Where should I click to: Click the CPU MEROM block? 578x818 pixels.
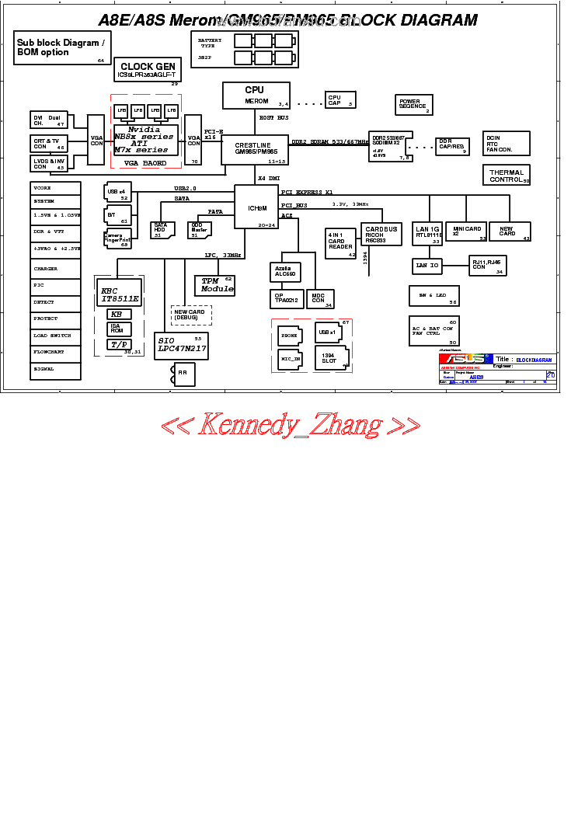tap(256, 95)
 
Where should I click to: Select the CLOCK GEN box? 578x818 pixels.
tap(148, 70)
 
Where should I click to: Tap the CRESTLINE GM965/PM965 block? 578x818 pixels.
tap(256, 149)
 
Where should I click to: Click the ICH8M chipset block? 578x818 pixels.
tap(256, 207)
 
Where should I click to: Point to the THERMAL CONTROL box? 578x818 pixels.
tap(507, 176)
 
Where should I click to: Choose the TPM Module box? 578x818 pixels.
tap(215, 285)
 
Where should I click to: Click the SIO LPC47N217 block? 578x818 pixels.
tap(181, 346)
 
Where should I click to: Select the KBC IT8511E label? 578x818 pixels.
tap(120, 294)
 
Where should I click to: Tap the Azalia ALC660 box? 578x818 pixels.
tap(285, 272)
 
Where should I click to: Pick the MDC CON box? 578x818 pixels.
tap(319, 299)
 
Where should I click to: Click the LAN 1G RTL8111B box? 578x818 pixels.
tap(428, 231)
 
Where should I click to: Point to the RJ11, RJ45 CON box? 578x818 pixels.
tap(488, 265)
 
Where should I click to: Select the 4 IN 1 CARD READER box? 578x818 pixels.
tap(340, 243)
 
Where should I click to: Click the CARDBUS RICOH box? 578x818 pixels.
tap(381, 235)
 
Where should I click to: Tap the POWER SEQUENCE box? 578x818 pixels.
tap(413, 104)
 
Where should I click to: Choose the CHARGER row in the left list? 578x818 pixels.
tap(54, 269)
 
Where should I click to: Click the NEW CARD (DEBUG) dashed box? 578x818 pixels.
tap(190, 315)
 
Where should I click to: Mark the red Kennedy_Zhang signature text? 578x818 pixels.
tap(290, 426)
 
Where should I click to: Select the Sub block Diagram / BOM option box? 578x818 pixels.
tap(61, 48)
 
